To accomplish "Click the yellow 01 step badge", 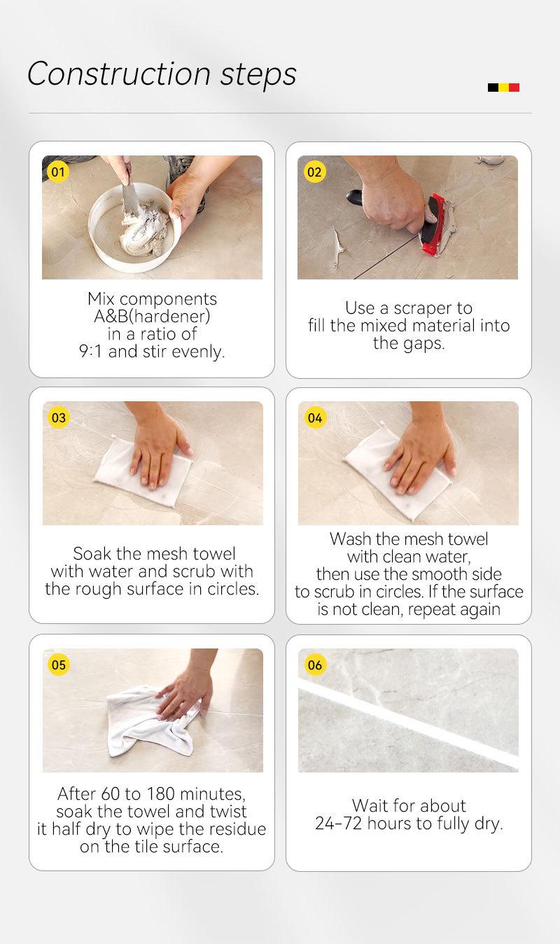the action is point(57,172).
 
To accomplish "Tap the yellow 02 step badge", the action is point(314,172).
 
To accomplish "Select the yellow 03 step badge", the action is point(59,417).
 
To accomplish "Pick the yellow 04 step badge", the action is point(315,418).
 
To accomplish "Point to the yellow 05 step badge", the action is point(59,665).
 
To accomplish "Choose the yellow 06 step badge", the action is point(315,665).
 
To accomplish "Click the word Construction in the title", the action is point(119,74).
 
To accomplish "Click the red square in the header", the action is point(514,88).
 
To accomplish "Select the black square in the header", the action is point(493,88).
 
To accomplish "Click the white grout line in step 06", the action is point(408,724).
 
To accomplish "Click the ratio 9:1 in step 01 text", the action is point(90,352).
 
